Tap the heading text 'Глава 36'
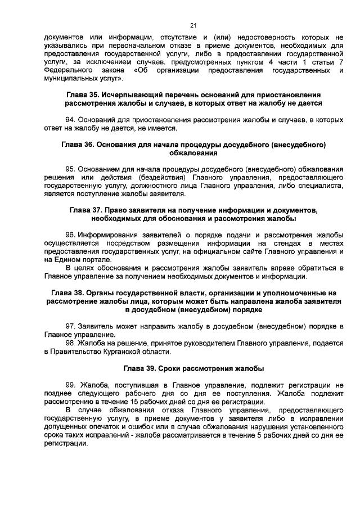click(x=76, y=145)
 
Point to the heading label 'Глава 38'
click(x=66, y=292)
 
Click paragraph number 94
click(x=70, y=120)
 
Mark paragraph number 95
click(x=70, y=169)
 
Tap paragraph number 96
click(x=70, y=235)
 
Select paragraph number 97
click(x=70, y=326)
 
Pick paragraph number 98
click(x=70, y=343)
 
